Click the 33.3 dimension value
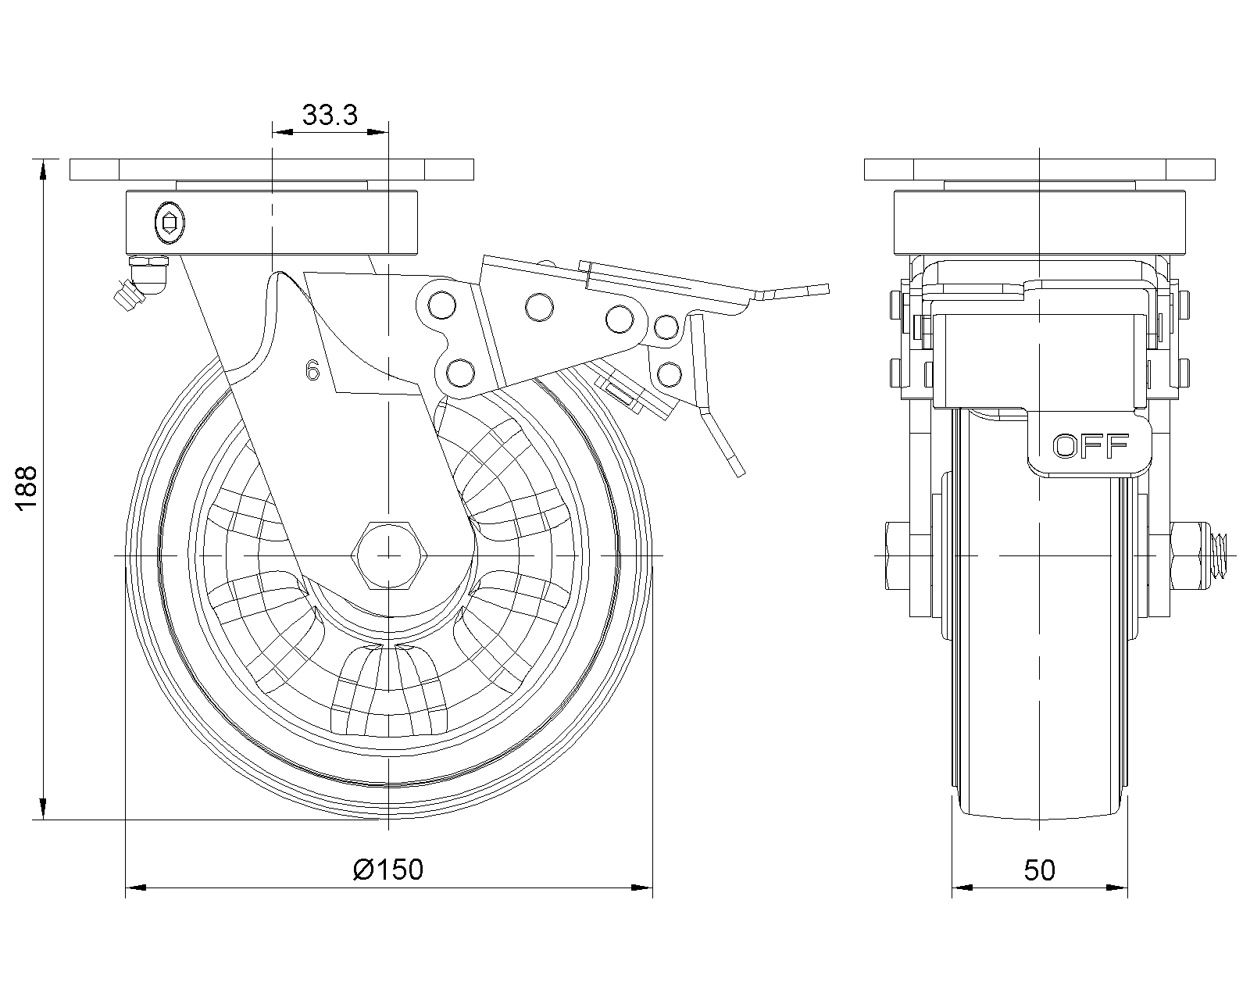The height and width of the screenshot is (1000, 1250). [x=330, y=115]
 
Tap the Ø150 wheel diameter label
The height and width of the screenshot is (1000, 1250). [x=388, y=869]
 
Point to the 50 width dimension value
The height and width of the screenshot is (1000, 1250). [x=1039, y=870]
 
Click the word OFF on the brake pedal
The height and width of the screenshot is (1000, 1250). [x=1091, y=446]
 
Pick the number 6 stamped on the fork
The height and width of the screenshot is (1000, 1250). [x=312, y=370]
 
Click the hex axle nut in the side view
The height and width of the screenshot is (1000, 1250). [x=388, y=555]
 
